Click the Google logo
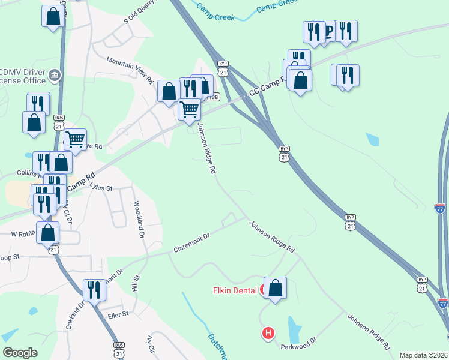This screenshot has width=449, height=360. click(x=20, y=353)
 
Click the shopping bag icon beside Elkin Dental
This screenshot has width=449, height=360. click(x=275, y=289)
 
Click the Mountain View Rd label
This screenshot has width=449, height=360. click(x=130, y=70)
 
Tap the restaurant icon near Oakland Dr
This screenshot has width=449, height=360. click(x=94, y=290)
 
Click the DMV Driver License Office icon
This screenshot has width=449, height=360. click(x=55, y=75)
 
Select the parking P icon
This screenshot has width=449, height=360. click(x=328, y=31)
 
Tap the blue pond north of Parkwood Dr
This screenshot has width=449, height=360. click(x=294, y=328)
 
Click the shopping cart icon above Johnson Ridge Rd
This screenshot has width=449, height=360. click(x=190, y=109)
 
